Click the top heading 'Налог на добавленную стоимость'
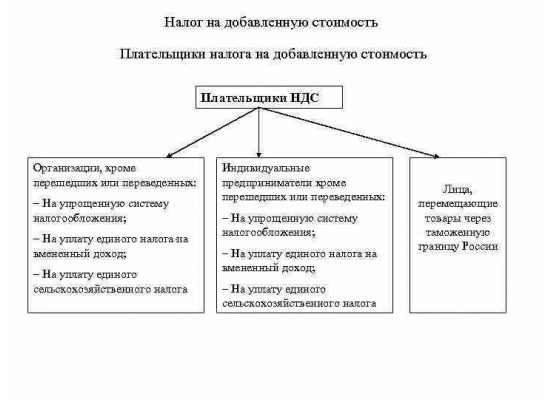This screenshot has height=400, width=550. click(x=271, y=22)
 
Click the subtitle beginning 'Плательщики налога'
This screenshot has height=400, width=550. click(x=273, y=54)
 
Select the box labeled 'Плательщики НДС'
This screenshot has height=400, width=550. click(x=269, y=97)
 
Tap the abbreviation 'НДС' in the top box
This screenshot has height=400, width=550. click(x=304, y=98)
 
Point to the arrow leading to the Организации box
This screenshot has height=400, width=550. click(x=213, y=133)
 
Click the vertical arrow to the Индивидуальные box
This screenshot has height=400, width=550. click(x=259, y=133)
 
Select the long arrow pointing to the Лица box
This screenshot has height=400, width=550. click(x=349, y=133)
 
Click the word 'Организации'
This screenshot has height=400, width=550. click(x=64, y=168)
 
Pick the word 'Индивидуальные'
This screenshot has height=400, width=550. click(x=266, y=168)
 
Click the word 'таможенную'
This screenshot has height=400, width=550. click(x=457, y=233)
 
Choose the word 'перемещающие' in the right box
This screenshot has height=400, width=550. click(x=458, y=204)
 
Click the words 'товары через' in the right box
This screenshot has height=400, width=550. click(x=458, y=219)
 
